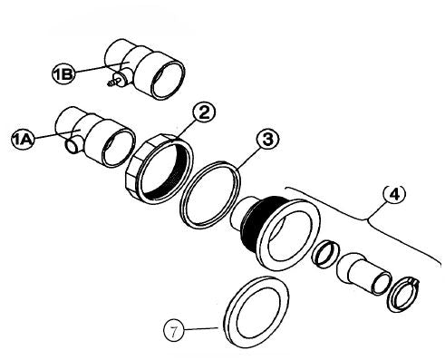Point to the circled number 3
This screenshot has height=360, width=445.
point(265,141)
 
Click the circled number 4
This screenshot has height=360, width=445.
point(394,194)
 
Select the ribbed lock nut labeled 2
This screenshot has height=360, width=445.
point(158,170)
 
